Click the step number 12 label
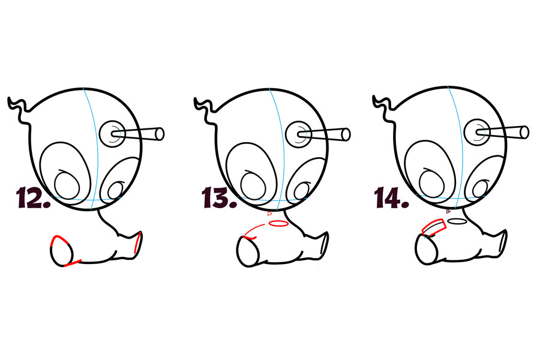pos(34,198)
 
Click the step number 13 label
pos(220,198)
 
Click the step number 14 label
pos(392,198)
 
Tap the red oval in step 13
pos(278,224)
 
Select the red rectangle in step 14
pos(434,227)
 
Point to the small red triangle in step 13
pos(269,214)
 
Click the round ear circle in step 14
pos(477,132)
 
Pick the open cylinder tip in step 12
pos(160,134)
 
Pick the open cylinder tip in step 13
pos(346,134)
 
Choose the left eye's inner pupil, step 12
pos(67,185)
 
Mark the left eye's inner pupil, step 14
pos(431,182)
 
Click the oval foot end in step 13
pos(248,252)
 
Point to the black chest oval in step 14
pos(457,221)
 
